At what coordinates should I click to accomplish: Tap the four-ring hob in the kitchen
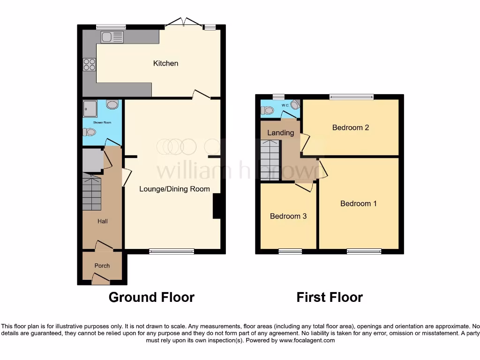point(89,65)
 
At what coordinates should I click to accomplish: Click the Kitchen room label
point(165,63)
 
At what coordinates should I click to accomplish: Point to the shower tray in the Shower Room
point(90,108)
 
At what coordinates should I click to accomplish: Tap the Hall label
point(102,221)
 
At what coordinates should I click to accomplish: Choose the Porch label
point(102,266)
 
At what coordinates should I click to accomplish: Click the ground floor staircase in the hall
point(92,193)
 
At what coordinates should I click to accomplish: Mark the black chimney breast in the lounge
point(217,206)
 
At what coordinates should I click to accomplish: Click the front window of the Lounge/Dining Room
point(172,252)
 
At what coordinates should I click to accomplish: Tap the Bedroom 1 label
point(358,203)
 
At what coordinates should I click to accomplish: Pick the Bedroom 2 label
point(350,127)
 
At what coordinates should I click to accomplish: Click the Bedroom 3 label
point(288,216)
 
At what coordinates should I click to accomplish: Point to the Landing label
point(280,133)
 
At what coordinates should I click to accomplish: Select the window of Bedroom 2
point(351,97)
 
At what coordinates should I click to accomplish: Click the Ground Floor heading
point(151,297)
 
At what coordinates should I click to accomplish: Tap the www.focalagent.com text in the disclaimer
point(307,340)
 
